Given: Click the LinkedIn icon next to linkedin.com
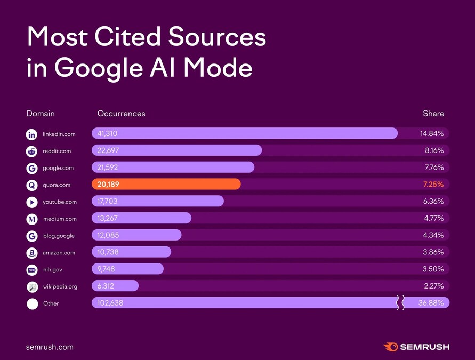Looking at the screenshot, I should coord(32,134).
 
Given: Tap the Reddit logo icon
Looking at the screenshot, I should coord(32,151).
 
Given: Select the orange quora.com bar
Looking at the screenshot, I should coord(166,185).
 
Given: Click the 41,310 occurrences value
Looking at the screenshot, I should coord(108,133).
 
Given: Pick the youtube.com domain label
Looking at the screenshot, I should coord(60,202).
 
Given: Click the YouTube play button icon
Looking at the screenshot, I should coord(32,202).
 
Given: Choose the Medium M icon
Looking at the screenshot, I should coord(32,219).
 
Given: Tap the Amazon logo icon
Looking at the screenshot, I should coord(32,253).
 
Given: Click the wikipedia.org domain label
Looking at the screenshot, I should coord(60,286).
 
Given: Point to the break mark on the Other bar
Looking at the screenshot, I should coord(399,303).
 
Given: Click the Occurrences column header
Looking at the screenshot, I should coord(121,114).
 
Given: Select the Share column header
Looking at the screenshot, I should coord(433,114).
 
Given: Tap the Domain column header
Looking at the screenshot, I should coord(41,114).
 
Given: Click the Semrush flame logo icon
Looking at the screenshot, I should coord(391,347).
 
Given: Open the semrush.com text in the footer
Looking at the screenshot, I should coord(50,347).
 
